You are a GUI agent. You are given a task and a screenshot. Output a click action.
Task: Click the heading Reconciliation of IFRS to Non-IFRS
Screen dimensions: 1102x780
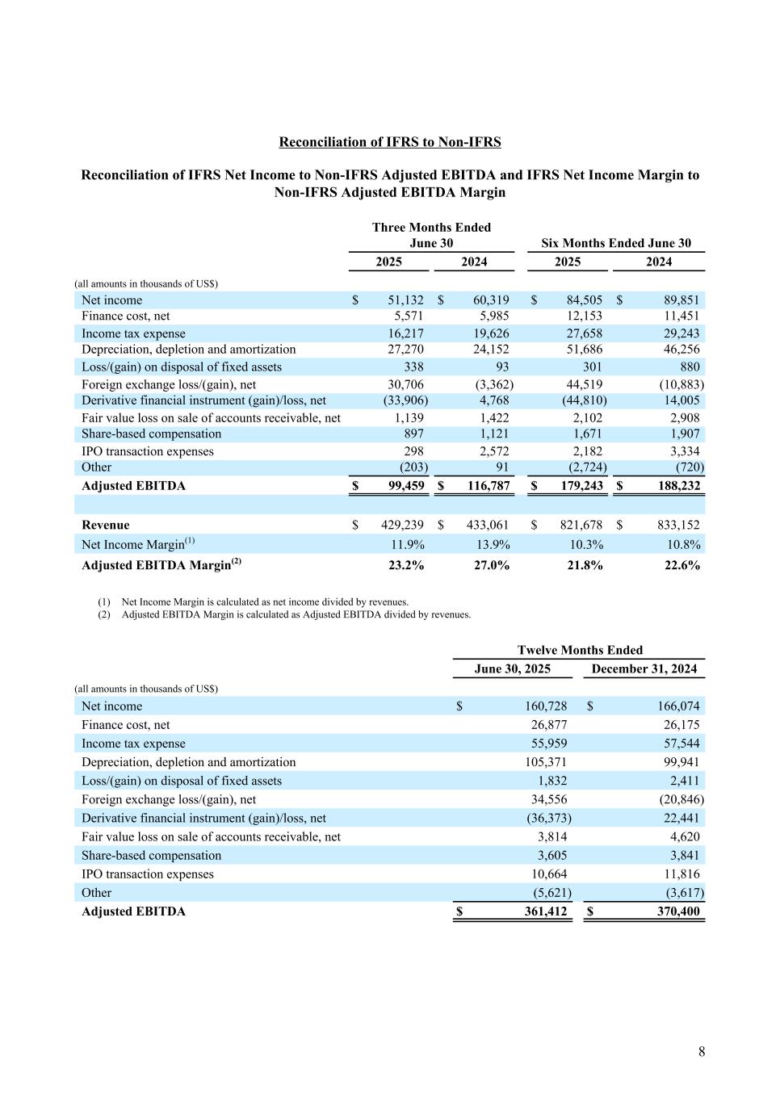click(x=390, y=142)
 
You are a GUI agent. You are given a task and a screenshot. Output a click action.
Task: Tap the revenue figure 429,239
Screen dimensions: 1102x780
click(x=402, y=525)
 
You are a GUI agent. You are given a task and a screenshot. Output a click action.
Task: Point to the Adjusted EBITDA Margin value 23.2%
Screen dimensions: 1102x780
click(x=405, y=565)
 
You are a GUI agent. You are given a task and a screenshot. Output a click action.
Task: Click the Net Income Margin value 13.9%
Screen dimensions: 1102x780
click(x=493, y=545)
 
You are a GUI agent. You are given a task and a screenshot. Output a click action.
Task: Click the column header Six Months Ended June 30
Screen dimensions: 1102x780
click(x=616, y=243)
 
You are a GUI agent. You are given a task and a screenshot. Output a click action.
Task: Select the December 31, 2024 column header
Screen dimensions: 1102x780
click(x=644, y=668)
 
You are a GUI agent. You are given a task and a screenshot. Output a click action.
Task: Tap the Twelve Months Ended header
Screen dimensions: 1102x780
click(x=580, y=650)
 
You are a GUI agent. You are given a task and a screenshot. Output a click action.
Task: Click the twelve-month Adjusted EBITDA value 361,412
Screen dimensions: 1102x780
click(x=540, y=911)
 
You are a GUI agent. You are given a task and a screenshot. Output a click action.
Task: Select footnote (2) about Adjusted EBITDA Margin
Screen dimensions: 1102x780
click(x=296, y=614)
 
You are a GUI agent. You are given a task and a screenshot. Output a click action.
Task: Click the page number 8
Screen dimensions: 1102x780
click(x=702, y=1051)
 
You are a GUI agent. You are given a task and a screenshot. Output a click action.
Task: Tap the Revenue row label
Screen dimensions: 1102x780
click(x=106, y=525)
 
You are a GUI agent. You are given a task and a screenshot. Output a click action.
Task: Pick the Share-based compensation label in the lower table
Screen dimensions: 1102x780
click(x=151, y=856)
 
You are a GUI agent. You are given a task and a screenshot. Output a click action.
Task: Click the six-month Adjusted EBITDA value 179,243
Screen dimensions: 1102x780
click(x=577, y=486)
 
